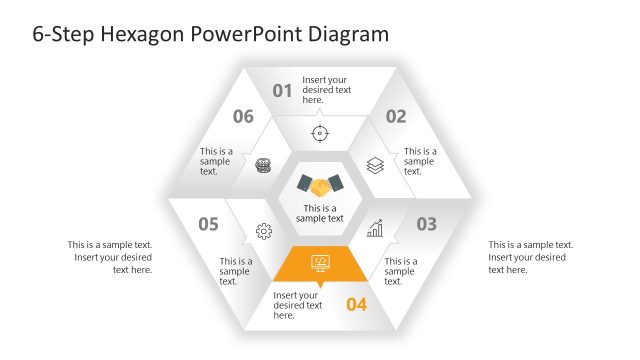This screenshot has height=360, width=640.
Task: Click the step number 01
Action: click(283, 91)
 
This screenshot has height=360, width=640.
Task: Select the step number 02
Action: click(396, 116)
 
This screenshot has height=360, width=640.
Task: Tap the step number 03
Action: click(426, 224)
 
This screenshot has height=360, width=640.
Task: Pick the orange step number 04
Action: click(357, 304)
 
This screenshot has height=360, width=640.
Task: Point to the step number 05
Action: click(208, 224)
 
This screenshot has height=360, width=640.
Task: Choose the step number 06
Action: click(243, 116)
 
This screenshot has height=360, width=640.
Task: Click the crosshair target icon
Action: click(320, 133)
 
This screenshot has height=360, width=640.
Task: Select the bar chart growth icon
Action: click(375, 230)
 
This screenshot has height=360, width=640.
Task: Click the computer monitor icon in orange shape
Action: click(320, 262)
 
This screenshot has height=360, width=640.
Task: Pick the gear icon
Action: click(264, 231)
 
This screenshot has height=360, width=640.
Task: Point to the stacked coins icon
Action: click(264, 165)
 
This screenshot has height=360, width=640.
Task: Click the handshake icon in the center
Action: click(320, 186)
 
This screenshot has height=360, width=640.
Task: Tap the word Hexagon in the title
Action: click(135, 35)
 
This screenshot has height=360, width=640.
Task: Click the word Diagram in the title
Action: click(346, 35)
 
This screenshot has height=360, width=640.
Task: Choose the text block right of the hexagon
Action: click(530, 257)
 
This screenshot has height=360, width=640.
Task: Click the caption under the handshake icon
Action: click(320, 213)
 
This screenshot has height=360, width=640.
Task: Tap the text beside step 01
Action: click(327, 89)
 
